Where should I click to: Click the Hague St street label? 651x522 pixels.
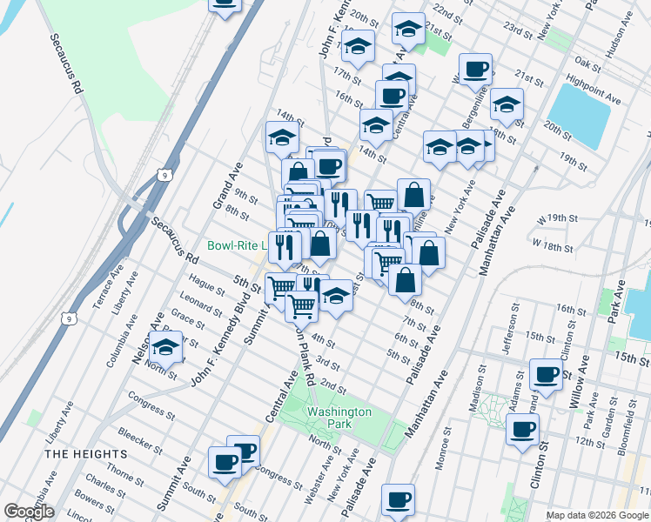[x=206, y=286]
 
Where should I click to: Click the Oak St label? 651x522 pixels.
[x=588, y=63]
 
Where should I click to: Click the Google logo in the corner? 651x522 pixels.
[x=28, y=512]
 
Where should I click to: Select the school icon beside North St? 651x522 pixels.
[x=164, y=347]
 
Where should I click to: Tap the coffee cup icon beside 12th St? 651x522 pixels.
[x=522, y=429]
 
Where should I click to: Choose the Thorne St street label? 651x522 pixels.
[x=126, y=475]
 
